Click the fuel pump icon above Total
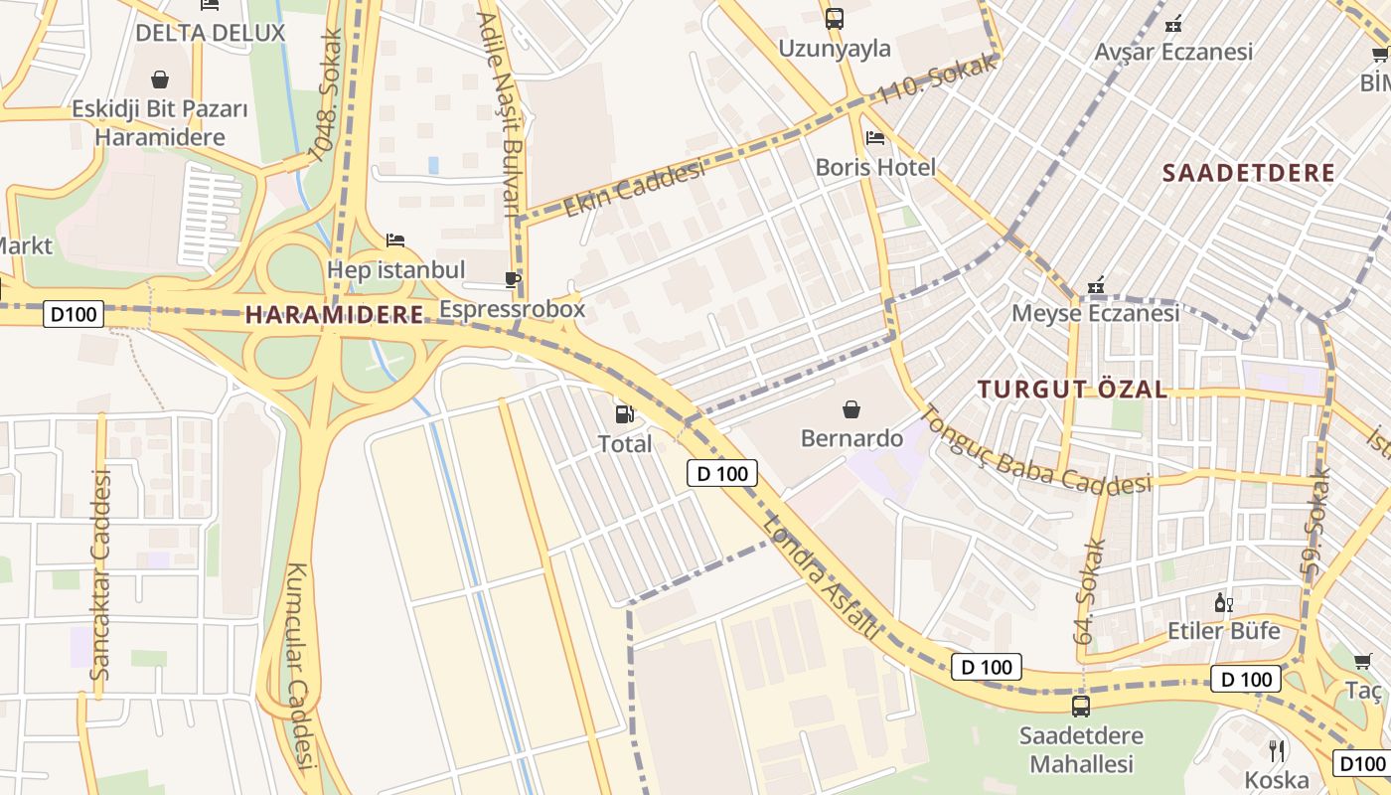pyautogui.click(x=624, y=413)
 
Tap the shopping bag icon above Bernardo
pyautogui.click(x=851, y=408)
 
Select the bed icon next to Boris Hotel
pyautogui.click(x=874, y=138)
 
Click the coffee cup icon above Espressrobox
pyautogui.click(x=513, y=280)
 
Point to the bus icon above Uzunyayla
pyautogui.click(x=834, y=18)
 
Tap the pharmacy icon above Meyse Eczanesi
pyautogui.click(x=1096, y=285)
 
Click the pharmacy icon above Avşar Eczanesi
pyautogui.click(x=1173, y=23)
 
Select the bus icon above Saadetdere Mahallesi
pyautogui.click(x=1080, y=707)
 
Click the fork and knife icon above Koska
pyautogui.click(x=1278, y=750)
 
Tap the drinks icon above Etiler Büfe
pyautogui.click(x=1223, y=602)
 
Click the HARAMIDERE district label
pyautogui.click(x=335, y=315)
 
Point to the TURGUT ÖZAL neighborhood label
pyautogui.click(x=1072, y=389)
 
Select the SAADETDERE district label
pyautogui.click(x=1249, y=172)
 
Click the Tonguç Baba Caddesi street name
pyautogui.click(x=1033, y=452)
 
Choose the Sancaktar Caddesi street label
pyautogui.click(x=100, y=574)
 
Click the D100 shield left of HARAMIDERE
pyautogui.click(x=75, y=315)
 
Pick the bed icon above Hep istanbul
pyautogui.click(x=395, y=240)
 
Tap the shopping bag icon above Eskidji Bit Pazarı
pyautogui.click(x=160, y=79)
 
